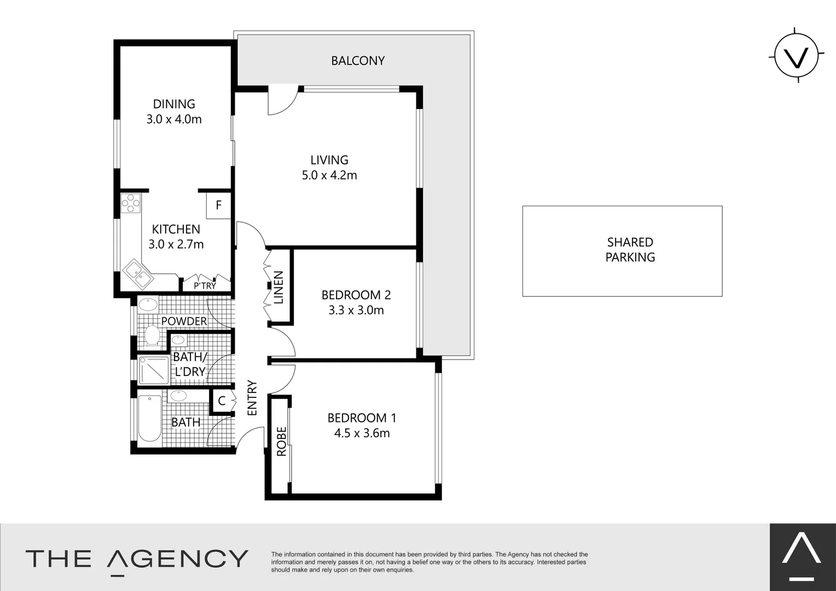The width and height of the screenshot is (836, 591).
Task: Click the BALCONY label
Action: pyautogui.click(x=358, y=61)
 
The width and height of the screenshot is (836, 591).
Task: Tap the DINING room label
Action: pyautogui.click(x=174, y=104)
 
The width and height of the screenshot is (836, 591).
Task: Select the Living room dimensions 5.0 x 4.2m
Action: pyautogui.click(x=329, y=175)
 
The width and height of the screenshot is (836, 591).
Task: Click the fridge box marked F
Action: pyautogui.click(x=219, y=205)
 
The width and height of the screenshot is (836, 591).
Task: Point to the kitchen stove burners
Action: pyautogui.click(x=131, y=204)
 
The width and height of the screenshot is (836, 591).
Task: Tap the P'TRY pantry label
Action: pyautogui.click(x=205, y=286)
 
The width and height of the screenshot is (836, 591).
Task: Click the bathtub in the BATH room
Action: pyautogui.click(x=149, y=418)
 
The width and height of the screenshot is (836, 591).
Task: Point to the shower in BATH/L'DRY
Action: pyautogui.click(x=154, y=370)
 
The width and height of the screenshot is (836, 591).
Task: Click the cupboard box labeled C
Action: pyautogui.click(x=222, y=401)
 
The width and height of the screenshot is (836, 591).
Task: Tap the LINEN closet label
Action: pyautogui.click(x=278, y=288)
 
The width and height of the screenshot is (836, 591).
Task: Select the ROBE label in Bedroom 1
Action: pyautogui.click(x=281, y=442)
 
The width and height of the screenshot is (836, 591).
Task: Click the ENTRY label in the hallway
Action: pyautogui.click(x=252, y=398)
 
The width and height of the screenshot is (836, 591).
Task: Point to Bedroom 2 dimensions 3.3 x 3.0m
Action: pyautogui.click(x=356, y=310)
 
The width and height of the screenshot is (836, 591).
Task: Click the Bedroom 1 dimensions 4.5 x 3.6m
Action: pyautogui.click(x=362, y=433)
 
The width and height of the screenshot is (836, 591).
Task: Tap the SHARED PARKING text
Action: pyautogui.click(x=630, y=250)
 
